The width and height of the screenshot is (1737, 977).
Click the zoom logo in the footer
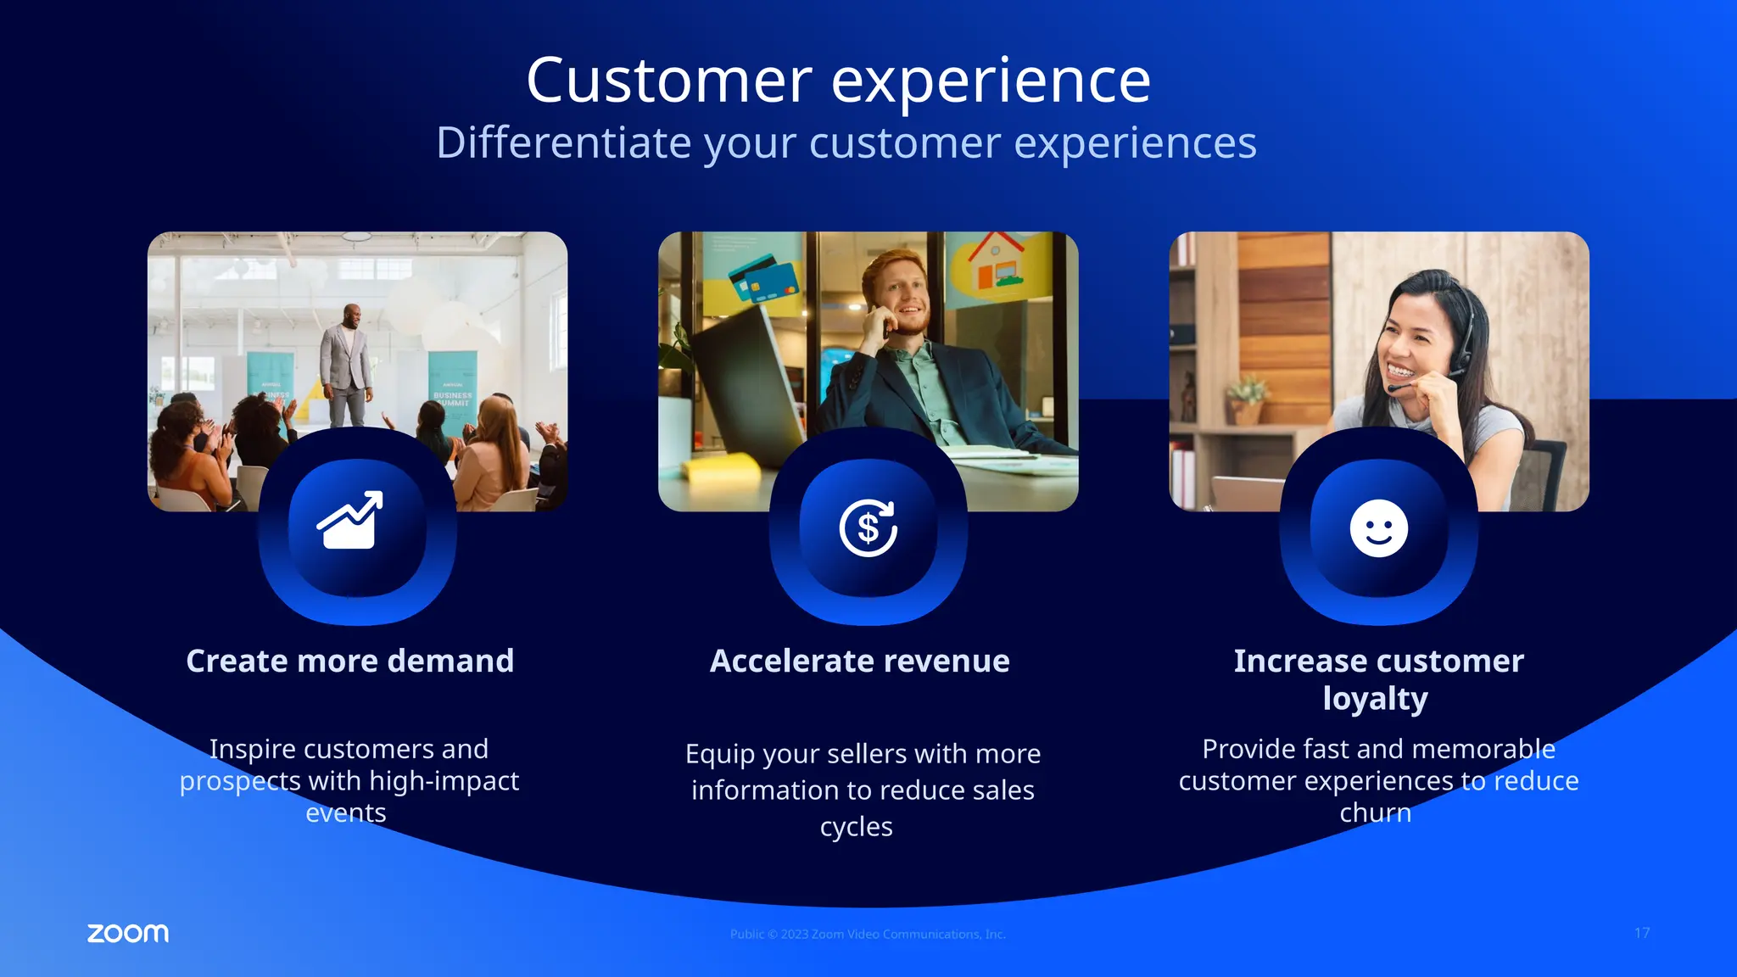128,933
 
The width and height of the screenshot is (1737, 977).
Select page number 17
1642,933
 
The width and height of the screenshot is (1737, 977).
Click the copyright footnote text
868,934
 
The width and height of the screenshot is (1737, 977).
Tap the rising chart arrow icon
349,521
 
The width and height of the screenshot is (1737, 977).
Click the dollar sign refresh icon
868,528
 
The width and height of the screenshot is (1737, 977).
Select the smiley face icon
1378,528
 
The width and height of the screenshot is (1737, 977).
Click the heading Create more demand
349,661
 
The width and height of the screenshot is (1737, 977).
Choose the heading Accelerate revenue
859,661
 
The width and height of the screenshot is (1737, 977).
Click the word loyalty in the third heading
1375,699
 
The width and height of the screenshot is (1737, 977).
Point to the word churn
1375,812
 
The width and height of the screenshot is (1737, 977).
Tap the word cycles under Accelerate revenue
856,826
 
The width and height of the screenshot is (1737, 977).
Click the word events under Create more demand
345,812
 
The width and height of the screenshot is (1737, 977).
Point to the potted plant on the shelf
1245,401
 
